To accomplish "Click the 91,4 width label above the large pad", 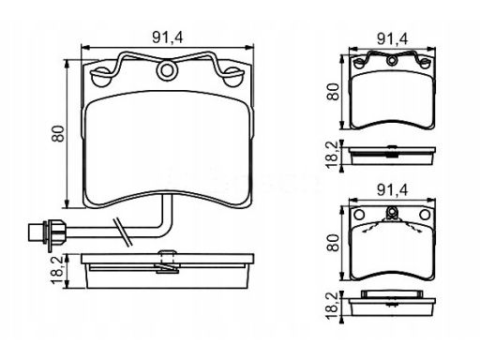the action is pos(168,37).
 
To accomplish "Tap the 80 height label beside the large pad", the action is pos(58,134).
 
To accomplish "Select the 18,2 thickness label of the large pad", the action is pos(58,270).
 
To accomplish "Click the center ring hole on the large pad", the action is pos(167,70).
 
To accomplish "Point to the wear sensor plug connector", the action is pos(46,232).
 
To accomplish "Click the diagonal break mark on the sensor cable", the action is pos(124,232).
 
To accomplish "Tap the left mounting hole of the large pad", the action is pos(102,77).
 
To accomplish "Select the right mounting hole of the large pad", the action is pos(233,77).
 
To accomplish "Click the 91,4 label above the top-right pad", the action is pos(393,39).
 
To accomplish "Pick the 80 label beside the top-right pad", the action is pos(333,92).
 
